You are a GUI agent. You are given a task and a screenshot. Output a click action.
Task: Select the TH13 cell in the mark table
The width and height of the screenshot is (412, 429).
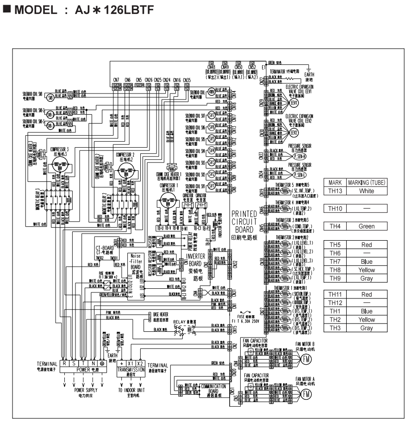334,190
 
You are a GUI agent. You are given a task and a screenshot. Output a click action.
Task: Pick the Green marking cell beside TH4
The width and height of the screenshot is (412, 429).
366,226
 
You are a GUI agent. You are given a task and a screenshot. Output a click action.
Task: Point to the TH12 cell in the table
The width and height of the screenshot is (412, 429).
334,303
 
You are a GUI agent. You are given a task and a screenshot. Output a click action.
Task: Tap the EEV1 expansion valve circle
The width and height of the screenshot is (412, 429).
294,105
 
